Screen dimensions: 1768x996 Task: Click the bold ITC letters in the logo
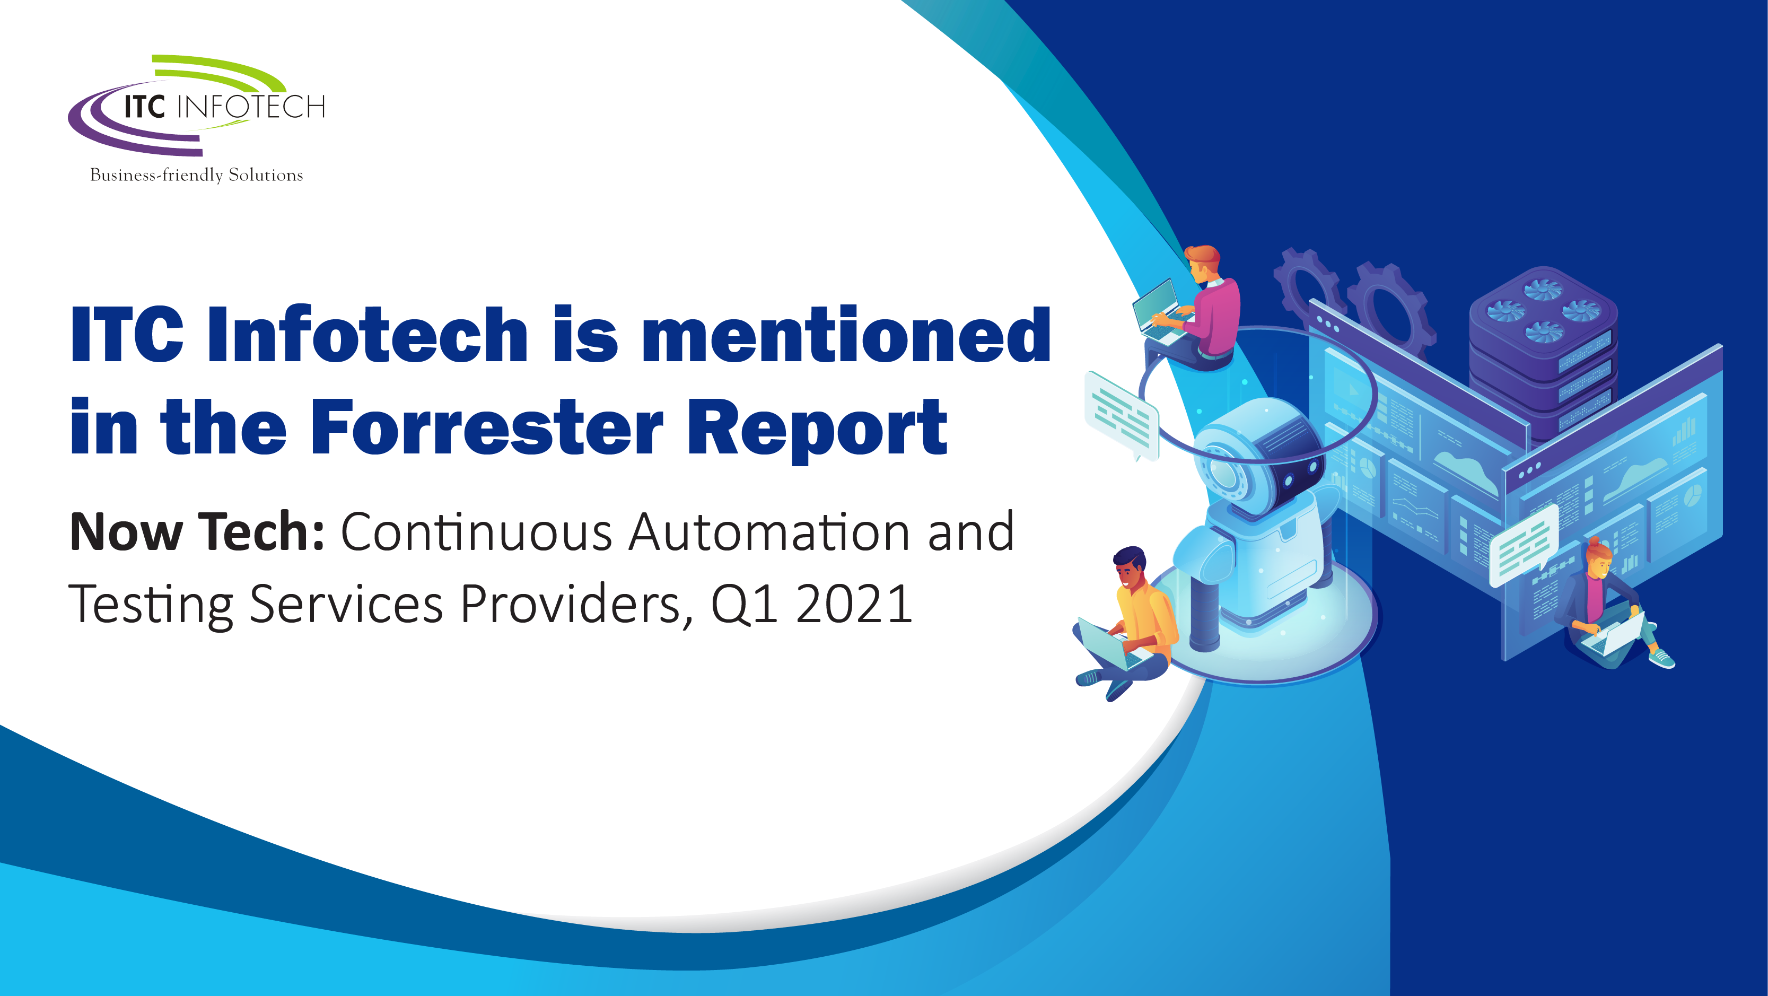pos(145,107)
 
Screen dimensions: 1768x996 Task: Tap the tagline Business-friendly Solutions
pos(196,175)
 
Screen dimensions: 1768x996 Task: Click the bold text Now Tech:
pos(197,531)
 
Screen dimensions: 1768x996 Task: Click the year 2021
pos(854,604)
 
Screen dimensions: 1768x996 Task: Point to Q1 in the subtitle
pos(745,604)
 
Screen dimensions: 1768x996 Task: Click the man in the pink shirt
pos(1197,309)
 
